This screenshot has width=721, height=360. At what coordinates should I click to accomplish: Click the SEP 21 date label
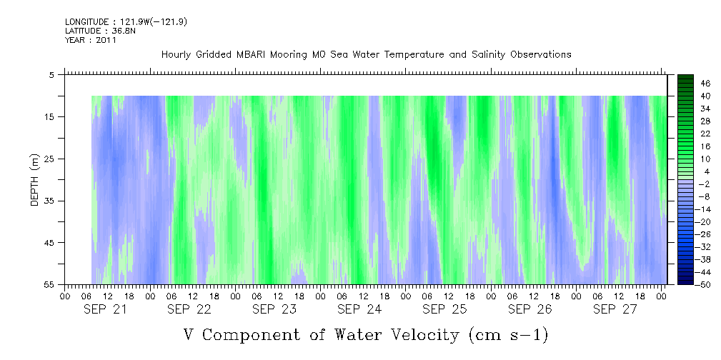(x=105, y=309)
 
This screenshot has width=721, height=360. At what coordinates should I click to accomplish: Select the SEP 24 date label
(x=360, y=309)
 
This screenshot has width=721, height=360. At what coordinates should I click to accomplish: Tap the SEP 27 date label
(x=615, y=309)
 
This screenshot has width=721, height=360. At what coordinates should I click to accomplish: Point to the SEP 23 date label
(x=274, y=309)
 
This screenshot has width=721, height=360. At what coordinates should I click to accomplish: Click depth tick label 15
(x=49, y=116)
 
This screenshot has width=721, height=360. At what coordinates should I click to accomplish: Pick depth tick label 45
(x=49, y=242)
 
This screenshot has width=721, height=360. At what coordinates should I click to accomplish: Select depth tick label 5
(x=51, y=74)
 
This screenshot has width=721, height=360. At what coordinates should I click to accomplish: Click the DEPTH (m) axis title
(x=35, y=180)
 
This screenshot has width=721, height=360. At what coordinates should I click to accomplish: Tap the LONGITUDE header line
(x=126, y=21)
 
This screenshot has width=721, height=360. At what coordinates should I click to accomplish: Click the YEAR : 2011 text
(x=91, y=40)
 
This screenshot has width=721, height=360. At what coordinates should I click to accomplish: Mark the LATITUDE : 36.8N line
(x=100, y=31)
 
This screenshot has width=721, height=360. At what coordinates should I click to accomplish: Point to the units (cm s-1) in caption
(x=509, y=335)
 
